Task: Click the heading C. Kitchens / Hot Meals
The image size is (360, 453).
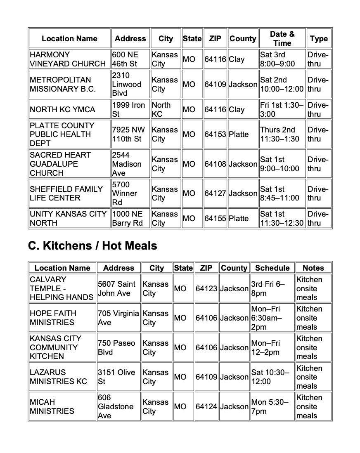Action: [92, 246]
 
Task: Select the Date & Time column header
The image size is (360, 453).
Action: [282, 38]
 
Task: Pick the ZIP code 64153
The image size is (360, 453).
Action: [215, 134]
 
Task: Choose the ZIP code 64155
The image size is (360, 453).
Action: [215, 218]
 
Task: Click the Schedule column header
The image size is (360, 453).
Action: [272, 268]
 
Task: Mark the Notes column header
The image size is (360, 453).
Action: [313, 268]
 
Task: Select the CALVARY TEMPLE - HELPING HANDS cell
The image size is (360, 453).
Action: [62, 288]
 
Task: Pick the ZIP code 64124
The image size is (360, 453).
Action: [206, 406]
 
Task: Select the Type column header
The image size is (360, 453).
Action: [319, 38]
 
